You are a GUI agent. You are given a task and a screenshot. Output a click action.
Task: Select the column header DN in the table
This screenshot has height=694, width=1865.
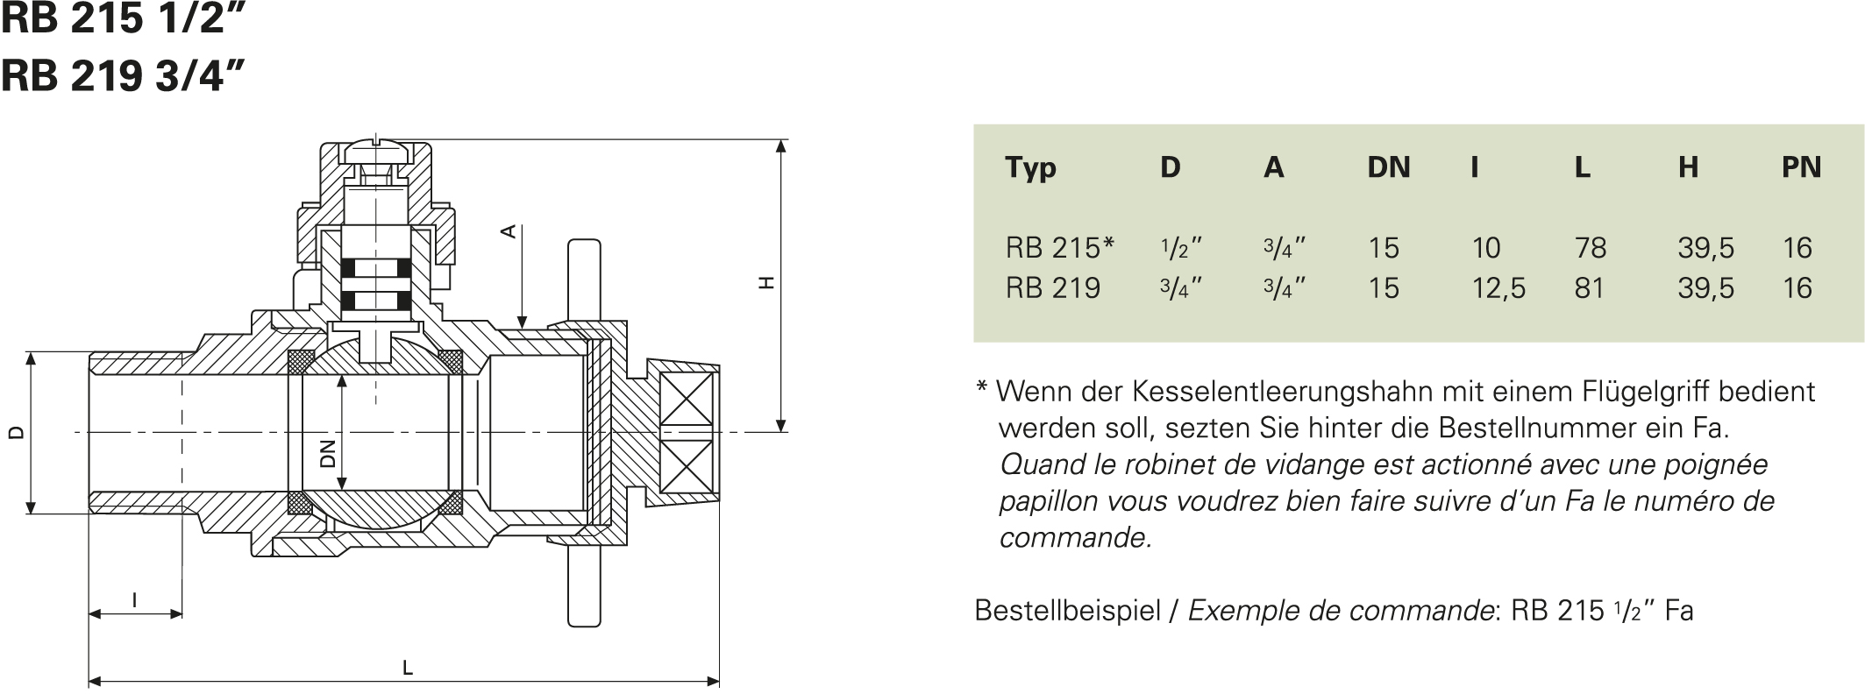[1389, 167]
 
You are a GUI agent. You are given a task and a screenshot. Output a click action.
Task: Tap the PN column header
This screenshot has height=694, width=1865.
[1801, 167]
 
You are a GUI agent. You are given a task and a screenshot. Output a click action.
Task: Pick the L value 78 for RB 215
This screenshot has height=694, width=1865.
[1591, 248]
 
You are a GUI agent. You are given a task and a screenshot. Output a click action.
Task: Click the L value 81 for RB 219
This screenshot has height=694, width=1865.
[1589, 288]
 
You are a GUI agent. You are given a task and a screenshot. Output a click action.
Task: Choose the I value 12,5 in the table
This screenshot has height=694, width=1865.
[1498, 288]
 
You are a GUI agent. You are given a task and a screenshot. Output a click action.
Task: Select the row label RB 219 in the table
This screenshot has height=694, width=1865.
[1052, 288]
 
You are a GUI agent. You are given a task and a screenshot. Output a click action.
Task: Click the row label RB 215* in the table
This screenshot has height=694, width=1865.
[1060, 248]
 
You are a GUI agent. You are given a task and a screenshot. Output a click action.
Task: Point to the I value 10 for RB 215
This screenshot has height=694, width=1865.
[1486, 248]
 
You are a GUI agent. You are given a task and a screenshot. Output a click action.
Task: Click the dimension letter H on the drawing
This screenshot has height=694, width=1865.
[767, 283]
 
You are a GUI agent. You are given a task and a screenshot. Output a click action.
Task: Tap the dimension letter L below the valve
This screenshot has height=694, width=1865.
[408, 669]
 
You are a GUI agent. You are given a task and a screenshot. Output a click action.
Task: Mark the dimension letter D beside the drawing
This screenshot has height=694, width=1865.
[15, 432]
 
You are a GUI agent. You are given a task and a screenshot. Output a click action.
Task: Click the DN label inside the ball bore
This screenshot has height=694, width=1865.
[328, 454]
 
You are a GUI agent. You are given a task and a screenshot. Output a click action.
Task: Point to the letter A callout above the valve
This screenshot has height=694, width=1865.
[507, 231]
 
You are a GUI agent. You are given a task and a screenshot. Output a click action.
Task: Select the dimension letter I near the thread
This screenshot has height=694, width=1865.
[134, 600]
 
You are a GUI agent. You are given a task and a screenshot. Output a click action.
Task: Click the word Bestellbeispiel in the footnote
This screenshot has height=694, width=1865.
[1067, 610]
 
